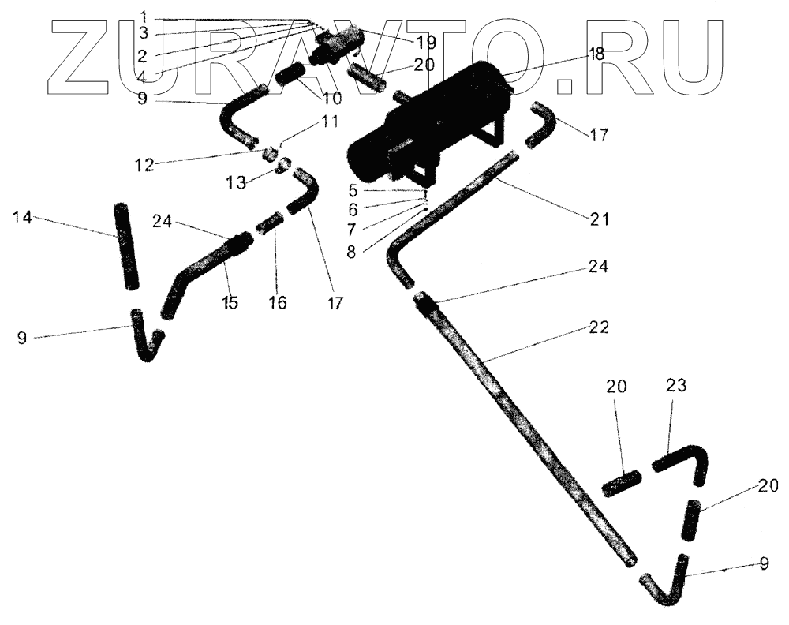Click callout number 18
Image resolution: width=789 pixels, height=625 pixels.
(x=596, y=54)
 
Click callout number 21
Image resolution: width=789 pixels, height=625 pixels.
(x=600, y=219)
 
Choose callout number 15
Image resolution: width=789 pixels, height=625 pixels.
(x=230, y=302)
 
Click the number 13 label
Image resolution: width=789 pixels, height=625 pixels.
(x=234, y=184)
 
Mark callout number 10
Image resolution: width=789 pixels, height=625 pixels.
(x=327, y=99)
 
